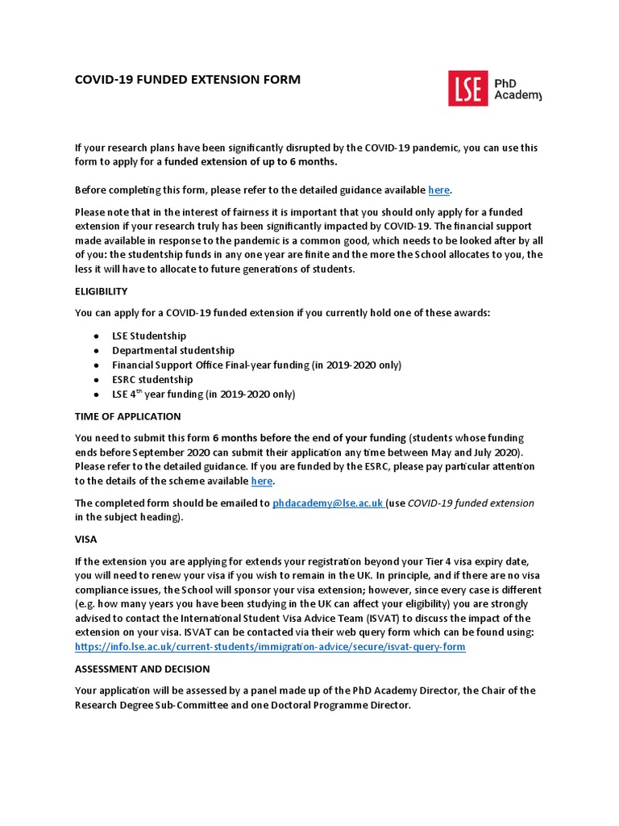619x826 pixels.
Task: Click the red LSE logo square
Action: pos(468,88)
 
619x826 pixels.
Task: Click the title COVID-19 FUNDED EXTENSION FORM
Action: pos(187,80)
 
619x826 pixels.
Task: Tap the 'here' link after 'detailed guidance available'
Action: pos(439,190)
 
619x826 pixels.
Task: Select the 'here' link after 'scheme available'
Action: pos(262,482)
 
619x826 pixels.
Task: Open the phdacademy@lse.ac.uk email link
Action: pos(327,503)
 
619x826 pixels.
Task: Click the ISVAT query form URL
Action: pos(270,648)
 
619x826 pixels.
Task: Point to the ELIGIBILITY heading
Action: pos(101,291)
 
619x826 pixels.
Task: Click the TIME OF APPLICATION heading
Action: pos(127,416)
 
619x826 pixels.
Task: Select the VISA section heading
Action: pos(85,540)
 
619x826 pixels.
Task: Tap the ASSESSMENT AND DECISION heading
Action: pos(142,670)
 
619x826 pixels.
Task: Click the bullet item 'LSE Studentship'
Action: pos(149,336)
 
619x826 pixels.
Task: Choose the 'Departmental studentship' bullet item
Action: pos(173,350)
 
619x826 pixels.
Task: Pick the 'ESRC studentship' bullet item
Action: pos(152,379)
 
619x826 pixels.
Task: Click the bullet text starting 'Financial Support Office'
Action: pos(256,365)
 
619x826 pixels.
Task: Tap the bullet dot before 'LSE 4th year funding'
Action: pos(96,395)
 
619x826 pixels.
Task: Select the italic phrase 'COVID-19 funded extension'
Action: pos(471,503)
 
